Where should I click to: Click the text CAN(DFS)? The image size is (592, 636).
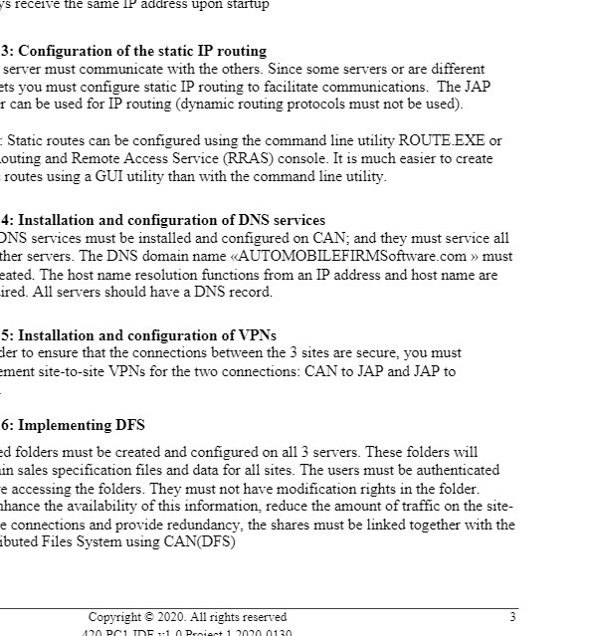tap(203, 542)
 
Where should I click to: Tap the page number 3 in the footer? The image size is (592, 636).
tap(512, 617)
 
